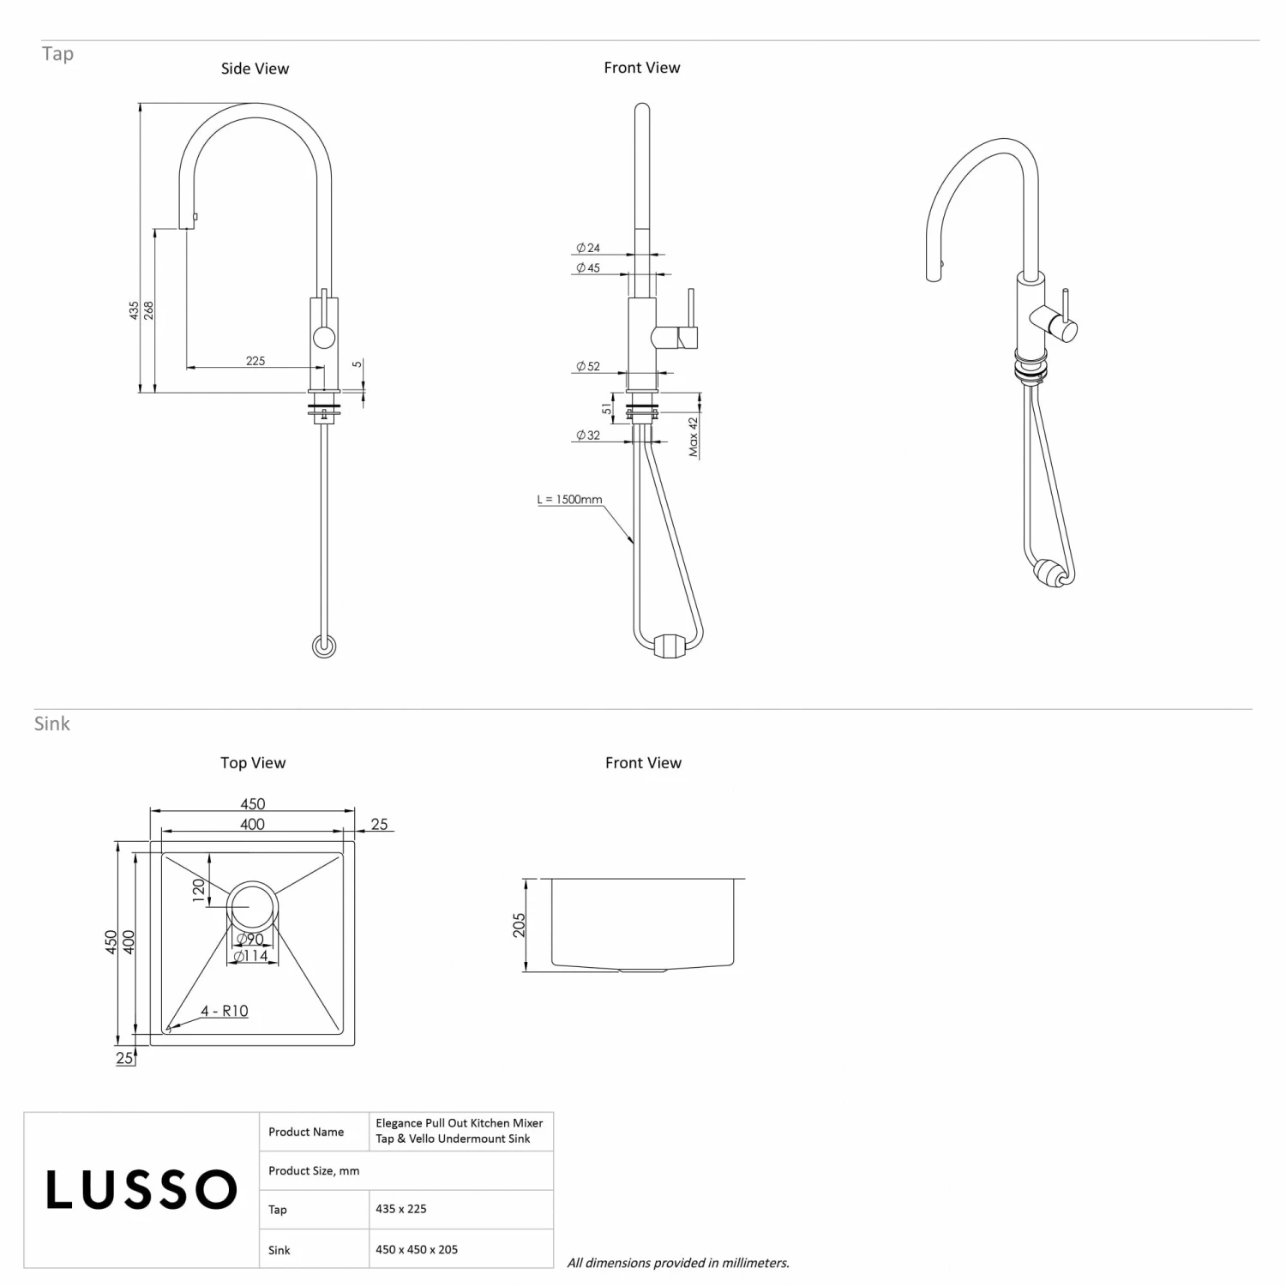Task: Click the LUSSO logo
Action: coord(141,1190)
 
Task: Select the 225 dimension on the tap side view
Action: coord(255,361)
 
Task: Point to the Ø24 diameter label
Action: coord(588,248)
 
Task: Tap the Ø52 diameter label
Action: coord(588,366)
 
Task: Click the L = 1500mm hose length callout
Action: coord(569,499)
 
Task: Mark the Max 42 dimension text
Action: coord(694,437)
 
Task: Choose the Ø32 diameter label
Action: coord(588,436)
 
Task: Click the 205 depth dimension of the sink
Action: coord(519,925)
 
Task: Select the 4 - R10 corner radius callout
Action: coord(224,1011)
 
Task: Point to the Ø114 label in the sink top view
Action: coord(250,956)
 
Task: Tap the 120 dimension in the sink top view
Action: coord(199,890)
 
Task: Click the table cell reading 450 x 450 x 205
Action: coord(417,1249)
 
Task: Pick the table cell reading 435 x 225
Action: coord(400,1209)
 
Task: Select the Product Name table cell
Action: coord(306,1132)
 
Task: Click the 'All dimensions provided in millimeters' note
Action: coord(678,1262)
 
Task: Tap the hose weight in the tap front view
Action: coord(671,645)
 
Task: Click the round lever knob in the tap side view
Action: coord(324,337)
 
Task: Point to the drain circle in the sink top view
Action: coord(251,906)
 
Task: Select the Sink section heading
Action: coord(52,724)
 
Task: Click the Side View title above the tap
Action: coord(255,69)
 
